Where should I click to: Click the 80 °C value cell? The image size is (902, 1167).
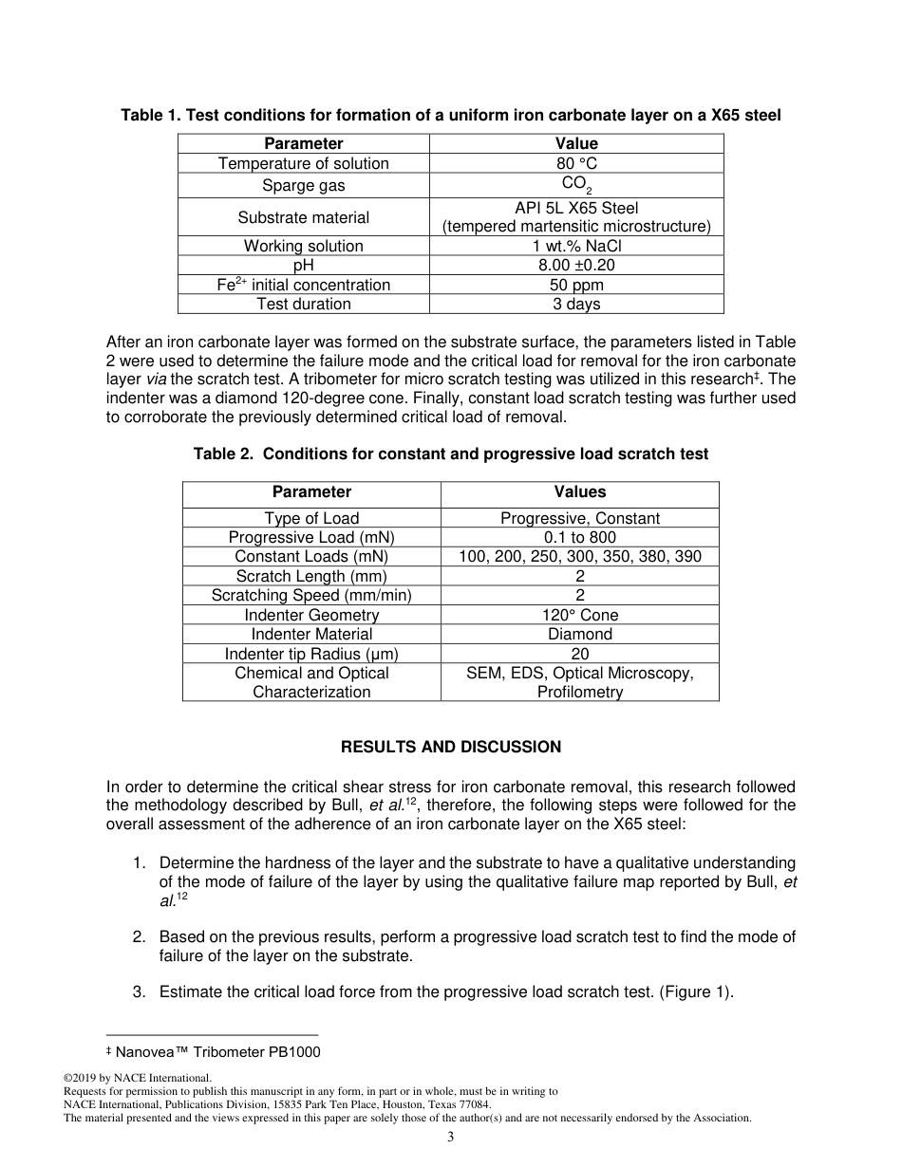pyautogui.click(x=576, y=163)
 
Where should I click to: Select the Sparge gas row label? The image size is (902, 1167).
pyautogui.click(x=303, y=185)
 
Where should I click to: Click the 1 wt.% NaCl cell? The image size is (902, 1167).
pyautogui.click(x=576, y=246)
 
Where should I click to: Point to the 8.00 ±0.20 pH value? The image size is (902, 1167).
pyautogui.click(x=576, y=266)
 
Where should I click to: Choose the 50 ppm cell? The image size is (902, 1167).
pyautogui.click(x=576, y=285)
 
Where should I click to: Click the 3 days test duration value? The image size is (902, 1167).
pyautogui.click(x=576, y=305)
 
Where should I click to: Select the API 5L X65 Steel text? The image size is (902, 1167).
pyautogui.click(x=576, y=208)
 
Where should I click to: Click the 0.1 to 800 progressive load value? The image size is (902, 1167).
pyautogui.click(x=579, y=537)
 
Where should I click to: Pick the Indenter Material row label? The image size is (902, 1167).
pyautogui.click(x=311, y=634)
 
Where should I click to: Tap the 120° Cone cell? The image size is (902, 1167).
pyautogui.click(x=579, y=615)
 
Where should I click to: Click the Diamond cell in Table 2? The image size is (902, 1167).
pyautogui.click(x=579, y=634)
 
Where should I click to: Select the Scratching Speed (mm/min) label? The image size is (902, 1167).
pyautogui.click(x=311, y=595)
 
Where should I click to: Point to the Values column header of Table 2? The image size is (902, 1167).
pyautogui.click(x=579, y=491)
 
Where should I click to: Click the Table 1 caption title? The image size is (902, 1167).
pyautogui.click(x=451, y=116)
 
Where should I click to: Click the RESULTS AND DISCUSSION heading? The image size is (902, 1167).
pyautogui.click(x=451, y=747)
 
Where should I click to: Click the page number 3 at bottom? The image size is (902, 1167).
pyautogui.click(x=451, y=1138)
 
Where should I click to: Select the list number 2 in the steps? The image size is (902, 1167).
pyautogui.click(x=139, y=936)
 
